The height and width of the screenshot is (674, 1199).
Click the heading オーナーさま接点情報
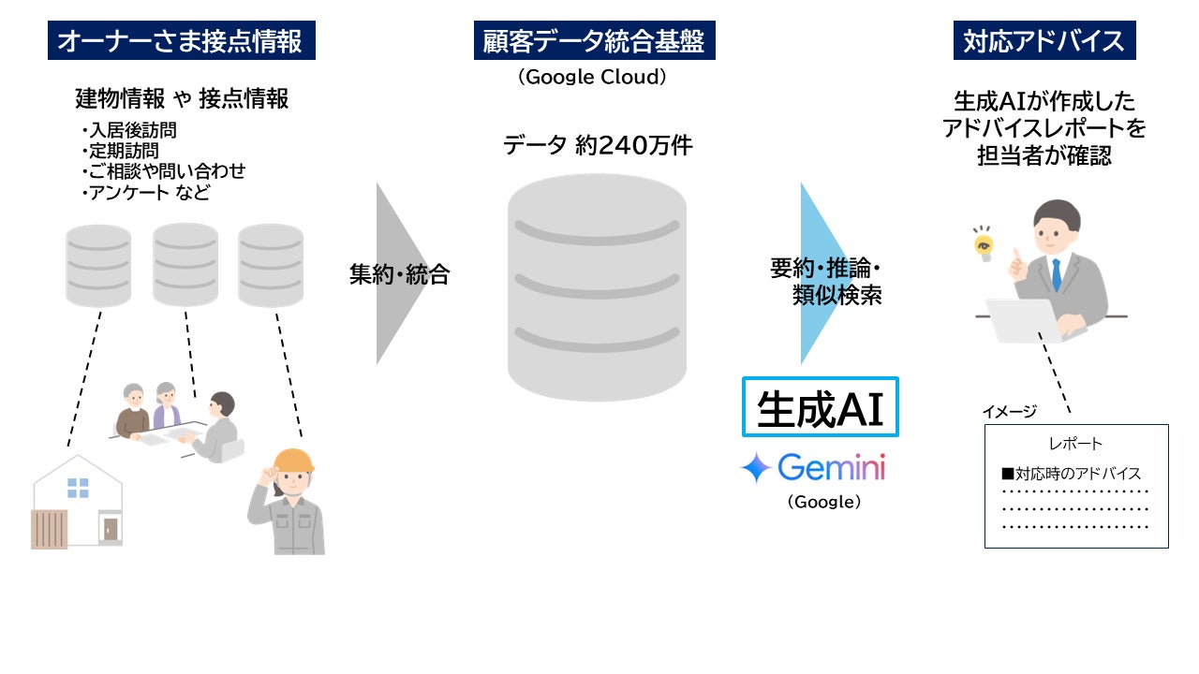[181, 41]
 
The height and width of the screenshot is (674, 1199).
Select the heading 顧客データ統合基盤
[594, 41]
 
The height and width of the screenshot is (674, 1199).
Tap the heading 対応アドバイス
[1044, 41]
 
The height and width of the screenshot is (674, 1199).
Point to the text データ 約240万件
[598, 145]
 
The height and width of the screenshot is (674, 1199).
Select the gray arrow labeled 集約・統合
[398, 274]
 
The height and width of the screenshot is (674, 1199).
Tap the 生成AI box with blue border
[820, 407]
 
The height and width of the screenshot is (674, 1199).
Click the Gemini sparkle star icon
[755, 467]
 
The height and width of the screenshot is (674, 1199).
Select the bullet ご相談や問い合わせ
[164, 171]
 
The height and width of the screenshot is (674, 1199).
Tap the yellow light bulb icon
[983, 244]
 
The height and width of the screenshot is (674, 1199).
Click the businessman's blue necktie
[1057, 275]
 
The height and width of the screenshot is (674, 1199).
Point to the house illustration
[78, 502]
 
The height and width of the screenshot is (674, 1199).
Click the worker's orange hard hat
[292, 460]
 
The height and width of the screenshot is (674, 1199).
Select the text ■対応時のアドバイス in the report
[1071, 474]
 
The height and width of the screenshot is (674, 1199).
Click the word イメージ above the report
[1009, 412]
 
